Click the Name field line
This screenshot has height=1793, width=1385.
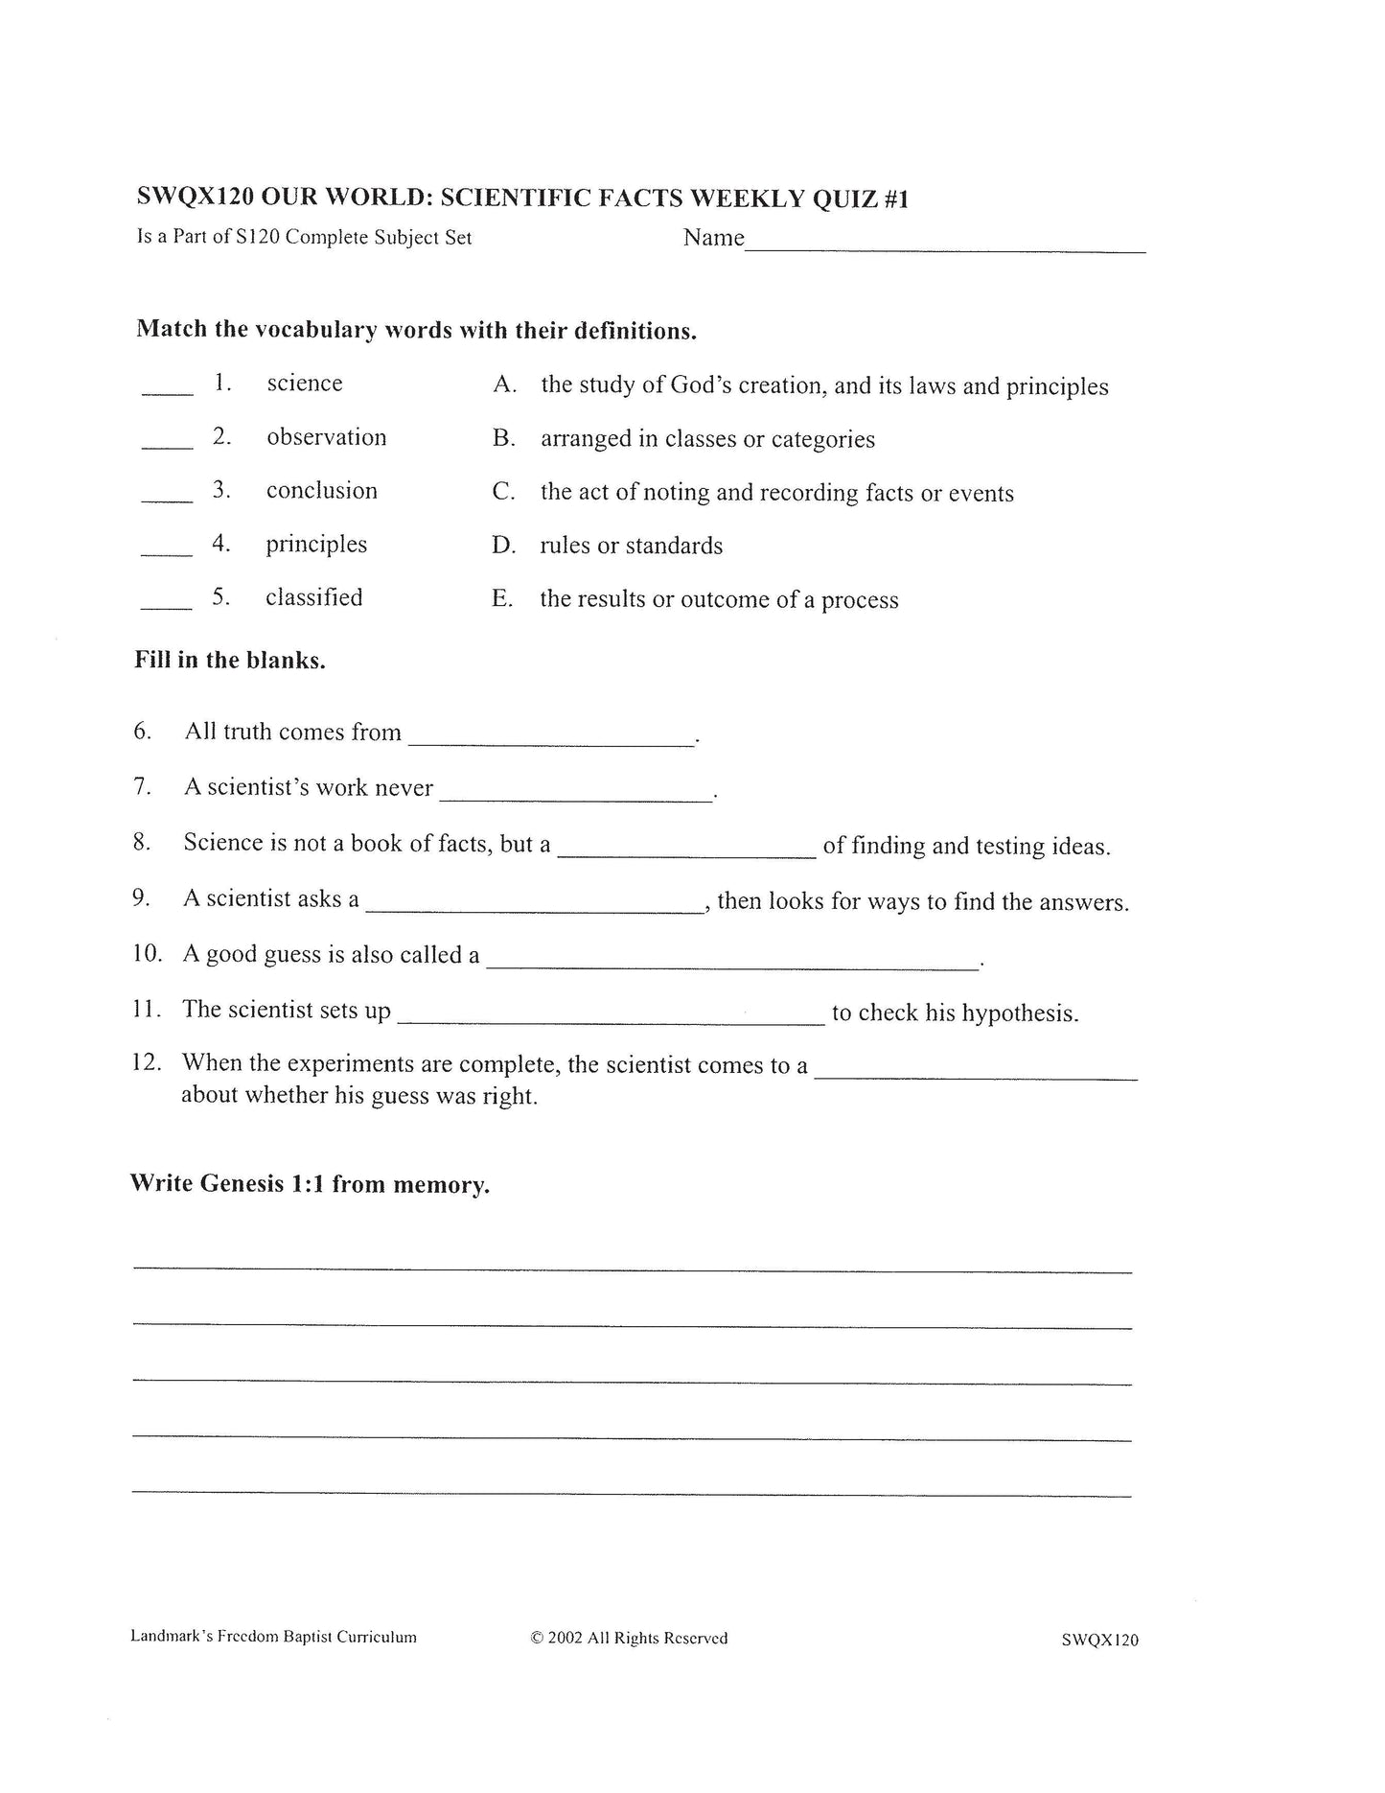click(944, 247)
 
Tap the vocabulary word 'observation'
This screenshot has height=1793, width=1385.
click(326, 437)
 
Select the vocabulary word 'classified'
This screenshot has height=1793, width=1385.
click(313, 597)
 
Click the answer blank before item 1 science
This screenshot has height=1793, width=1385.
click(167, 390)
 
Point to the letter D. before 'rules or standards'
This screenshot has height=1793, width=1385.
click(503, 546)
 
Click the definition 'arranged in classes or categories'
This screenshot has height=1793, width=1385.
click(707, 439)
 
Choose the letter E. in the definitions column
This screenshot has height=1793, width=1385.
click(502, 599)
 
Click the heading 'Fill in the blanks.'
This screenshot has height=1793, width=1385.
click(230, 661)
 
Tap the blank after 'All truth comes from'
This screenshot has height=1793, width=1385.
click(551, 740)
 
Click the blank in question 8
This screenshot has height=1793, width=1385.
click(686, 851)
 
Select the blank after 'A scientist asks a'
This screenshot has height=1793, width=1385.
click(535, 907)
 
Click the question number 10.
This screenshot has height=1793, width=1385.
click(147, 954)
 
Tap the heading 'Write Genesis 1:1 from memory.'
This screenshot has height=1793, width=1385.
click(310, 1184)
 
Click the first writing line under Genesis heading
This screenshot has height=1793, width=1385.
click(633, 1268)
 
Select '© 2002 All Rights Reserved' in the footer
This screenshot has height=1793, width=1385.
click(629, 1638)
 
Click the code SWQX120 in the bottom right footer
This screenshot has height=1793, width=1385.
click(1099, 1640)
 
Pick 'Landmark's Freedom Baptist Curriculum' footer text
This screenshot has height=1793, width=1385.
click(273, 1637)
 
